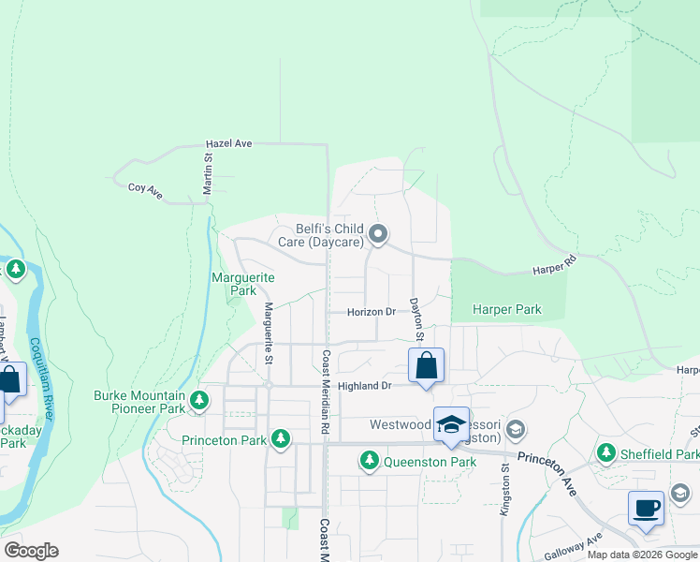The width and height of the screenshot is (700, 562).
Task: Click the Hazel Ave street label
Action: (x=229, y=144)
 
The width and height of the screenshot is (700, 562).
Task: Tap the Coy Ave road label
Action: (x=145, y=191)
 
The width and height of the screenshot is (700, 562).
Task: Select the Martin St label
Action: (x=209, y=173)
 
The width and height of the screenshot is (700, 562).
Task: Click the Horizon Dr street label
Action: (x=372, y=312)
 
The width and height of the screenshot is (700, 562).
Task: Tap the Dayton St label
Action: (x=416, y=319)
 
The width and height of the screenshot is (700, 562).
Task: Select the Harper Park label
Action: (x=506, y=308)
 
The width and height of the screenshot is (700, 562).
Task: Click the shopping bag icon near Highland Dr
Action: (x=426, y=365)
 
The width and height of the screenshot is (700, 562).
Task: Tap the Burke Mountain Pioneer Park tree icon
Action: (x=199, y=402)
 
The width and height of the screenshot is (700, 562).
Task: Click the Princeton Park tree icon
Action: (x=280, y=437)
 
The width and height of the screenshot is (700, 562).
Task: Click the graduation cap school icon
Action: (x=451, y=424)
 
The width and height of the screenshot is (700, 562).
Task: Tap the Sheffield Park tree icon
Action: (x=606, y=453)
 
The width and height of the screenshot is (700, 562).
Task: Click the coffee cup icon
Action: (x=646, y=509)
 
